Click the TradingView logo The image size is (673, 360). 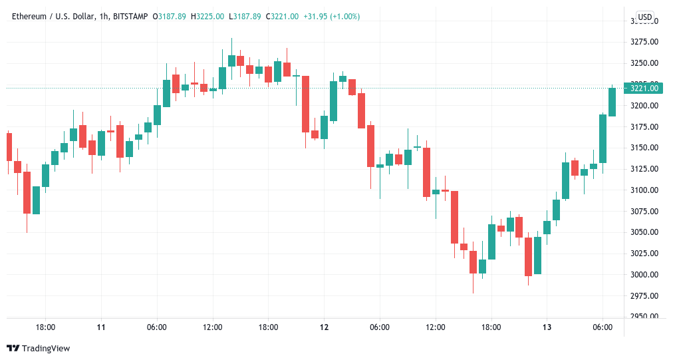point(38,348)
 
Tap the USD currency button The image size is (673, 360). point(644,17)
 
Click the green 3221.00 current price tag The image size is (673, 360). point(644,88)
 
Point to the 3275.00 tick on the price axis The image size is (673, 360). point(644,42)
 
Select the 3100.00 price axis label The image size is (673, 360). point(644,190)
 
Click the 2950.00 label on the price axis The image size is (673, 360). point(644,317)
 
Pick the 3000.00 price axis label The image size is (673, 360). point(644,275)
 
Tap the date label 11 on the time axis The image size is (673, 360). point(101,327)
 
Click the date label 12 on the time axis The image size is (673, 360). point(324,327)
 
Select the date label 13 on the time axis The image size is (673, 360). point(547,327)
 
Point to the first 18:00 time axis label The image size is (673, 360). point(45,327)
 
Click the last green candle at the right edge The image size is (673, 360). point(612,102)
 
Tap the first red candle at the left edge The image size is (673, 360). point(9,146)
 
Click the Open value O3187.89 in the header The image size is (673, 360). point(170,17)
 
